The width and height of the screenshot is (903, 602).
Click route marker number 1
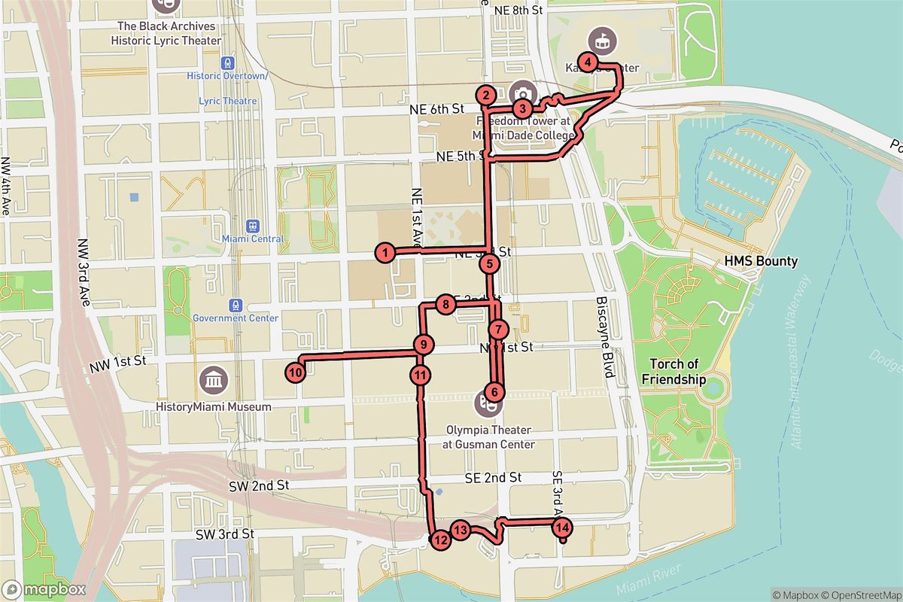coord(385,253)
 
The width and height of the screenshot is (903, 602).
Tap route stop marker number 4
coord(588,62)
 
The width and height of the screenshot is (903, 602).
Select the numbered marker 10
coord(295,372)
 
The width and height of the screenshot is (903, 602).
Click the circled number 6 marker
coord(494,391)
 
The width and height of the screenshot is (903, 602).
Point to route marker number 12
coord(440,539)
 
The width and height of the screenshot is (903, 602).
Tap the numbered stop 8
coord(445,305)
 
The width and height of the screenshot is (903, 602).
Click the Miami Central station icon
coord(252,224)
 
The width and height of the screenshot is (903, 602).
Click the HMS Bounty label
coord(761,261)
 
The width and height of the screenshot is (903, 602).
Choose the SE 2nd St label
coord(493,478)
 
